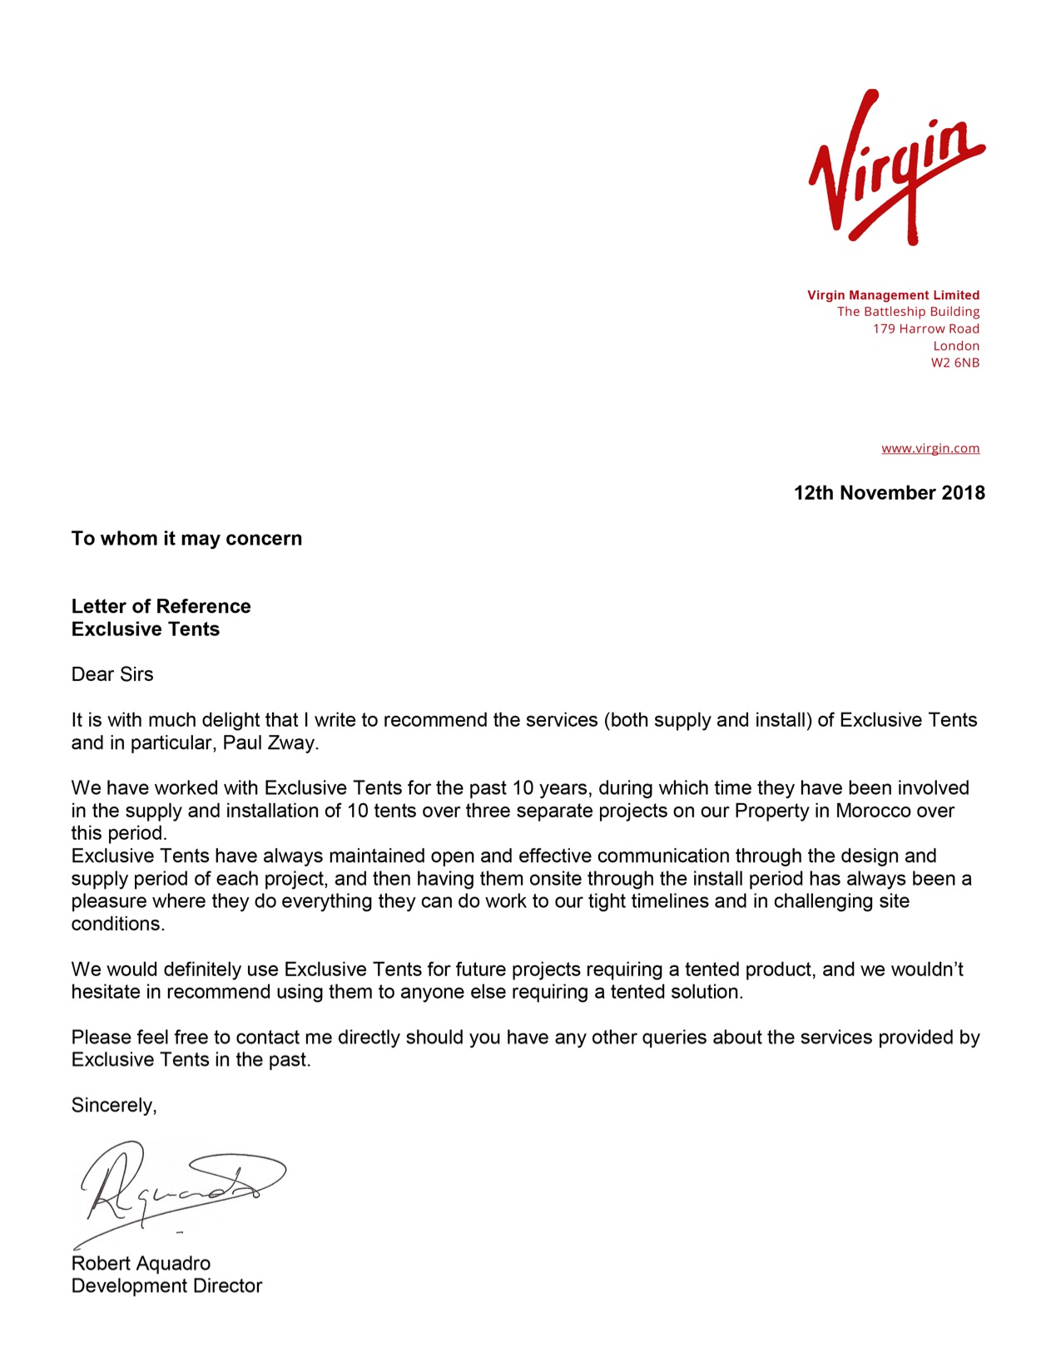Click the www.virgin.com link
pyautogui.click(x=930, y=448)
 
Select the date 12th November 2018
pyautogui.click(x=889, y=493)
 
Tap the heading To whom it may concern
pyautogui.click(x=186, y=539)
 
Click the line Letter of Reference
pyautogui.click(x=161, y=606)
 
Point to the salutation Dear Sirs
pyautogui.click(x=112, y=674)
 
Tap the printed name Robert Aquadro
pyautogui.click(x=141, y=1264)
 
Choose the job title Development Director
pyautogui.click(x=166, y=1286)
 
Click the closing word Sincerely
pyautogui.click(x=112, y=1106)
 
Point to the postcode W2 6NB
pyautogui.click(x=954, y=363)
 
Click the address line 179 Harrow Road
pyautogui.click(x=925, y=328)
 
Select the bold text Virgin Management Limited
pyautogui.click(x=893, y=295)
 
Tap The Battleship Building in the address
pyautogui.click(x=908, y=312)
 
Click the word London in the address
pyautogui.click(x=956, y=346)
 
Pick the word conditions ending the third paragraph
pyautogui.click(x=117, y=925)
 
